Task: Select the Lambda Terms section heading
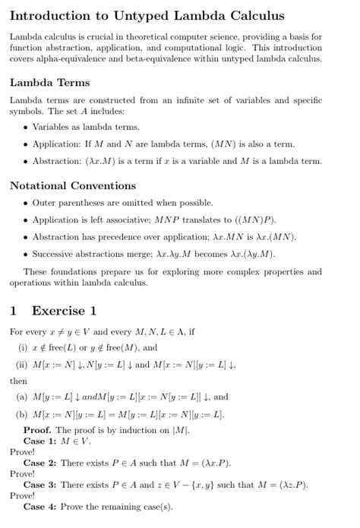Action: coord(49,82)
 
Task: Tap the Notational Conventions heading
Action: coord(73,185)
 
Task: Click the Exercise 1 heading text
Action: coord(65,310)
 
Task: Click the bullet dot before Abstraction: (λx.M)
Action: coord(25,161)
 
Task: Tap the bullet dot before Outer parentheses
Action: coord(25,203)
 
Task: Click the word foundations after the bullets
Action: coord(65,271)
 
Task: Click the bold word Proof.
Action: coord(39,430)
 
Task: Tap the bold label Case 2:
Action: coord(39,463)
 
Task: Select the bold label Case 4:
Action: coord(39,506)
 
